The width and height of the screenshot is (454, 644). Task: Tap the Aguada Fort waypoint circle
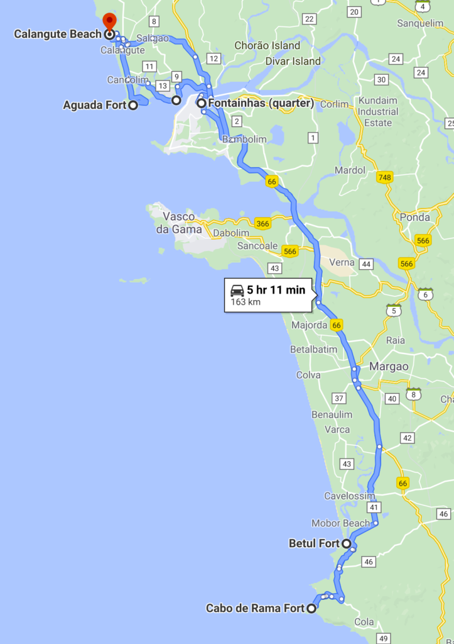[133, 105]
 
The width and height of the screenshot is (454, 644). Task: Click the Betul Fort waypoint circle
[346, 543]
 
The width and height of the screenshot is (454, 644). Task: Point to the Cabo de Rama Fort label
[256, 608]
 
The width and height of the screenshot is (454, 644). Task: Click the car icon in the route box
[237, 290]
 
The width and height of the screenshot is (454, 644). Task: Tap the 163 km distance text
[246, 302]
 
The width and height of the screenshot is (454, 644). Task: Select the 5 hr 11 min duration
[276, 290]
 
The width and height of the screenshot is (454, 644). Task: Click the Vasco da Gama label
[182, 223]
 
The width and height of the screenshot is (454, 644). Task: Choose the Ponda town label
[414, 218]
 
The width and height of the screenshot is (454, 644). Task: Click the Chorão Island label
[268, 45]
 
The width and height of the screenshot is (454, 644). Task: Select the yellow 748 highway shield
[384, 178]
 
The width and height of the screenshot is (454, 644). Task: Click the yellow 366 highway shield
[262, 223]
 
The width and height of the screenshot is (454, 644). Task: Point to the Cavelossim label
[349, 496]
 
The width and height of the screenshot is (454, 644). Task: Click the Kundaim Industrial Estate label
[378, 111]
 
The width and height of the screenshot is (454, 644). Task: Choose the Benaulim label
[332, 414]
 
